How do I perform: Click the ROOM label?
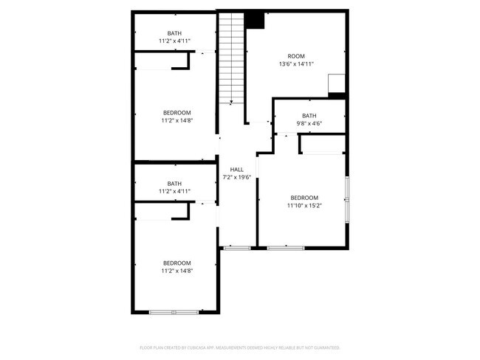tap(296, 56)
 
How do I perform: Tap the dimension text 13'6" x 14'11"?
tap(296, 64)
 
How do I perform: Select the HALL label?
tap(237, 170)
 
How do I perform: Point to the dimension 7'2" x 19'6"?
tap(237, 177)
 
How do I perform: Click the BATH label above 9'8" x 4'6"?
tap(309, 116)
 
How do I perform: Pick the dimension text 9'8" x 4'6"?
tap(309, 124)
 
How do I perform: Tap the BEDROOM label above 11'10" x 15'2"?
tap(304, 198)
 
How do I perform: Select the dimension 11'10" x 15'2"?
tap(304, 206)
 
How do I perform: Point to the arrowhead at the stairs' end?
tap(232, 103)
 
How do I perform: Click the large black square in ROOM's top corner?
tap(255, 20)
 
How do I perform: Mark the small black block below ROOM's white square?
tap(337, 95)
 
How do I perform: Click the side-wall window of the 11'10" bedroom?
tap(346, 199)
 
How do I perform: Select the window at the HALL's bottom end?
tap(237, 247)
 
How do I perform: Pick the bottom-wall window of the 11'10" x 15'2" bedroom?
tap(286, 247)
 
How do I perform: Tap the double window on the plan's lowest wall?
tap(174, 312)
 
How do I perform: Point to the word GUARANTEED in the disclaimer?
tap(324, 347)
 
